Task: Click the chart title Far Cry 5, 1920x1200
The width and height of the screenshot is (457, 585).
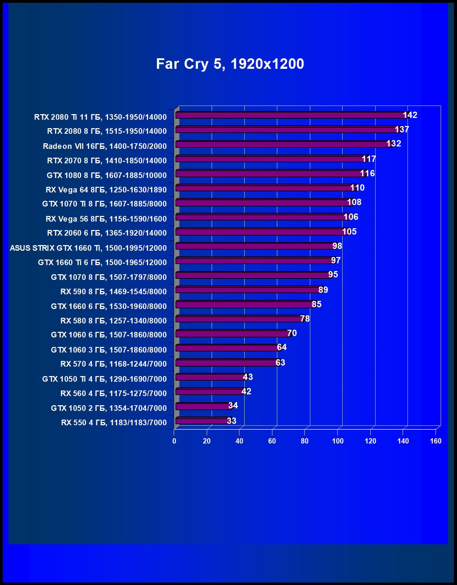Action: click(230, 64)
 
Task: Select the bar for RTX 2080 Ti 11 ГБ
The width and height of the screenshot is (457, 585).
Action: click(291, 115)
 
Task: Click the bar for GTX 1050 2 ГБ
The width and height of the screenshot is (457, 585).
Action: click(204, 406)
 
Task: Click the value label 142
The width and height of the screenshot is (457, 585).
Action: click(410, 115)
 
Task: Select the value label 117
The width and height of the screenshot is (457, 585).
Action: click(369, 159)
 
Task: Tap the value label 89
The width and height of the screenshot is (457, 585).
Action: click(323, 290)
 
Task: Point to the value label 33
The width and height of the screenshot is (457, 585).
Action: click(231, 421)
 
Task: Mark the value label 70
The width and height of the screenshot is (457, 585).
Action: click(292, 333)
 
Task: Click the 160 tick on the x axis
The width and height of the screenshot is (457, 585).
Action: click(436, 441)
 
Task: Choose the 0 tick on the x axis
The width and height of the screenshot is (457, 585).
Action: click(174, 441)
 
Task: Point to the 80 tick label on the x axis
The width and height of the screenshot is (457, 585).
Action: click(305, 441)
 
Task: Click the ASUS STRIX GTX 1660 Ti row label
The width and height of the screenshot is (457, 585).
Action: click(88, 248)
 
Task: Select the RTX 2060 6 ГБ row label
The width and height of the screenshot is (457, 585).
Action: click(107, 233)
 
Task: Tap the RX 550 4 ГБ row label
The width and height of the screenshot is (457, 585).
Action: click(114, 422)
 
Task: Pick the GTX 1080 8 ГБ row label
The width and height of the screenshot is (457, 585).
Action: click(106, 175)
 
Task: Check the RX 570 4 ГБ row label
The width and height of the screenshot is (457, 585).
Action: click(113, 364)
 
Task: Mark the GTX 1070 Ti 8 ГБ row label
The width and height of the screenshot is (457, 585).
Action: click(104, 204)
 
